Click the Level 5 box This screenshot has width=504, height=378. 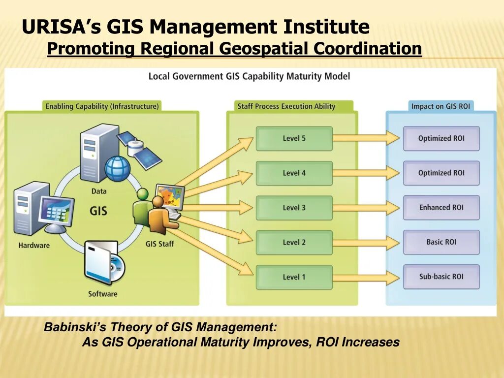click(294, 138)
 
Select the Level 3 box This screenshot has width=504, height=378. click(294, 208)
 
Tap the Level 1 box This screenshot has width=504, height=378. click(294, 277)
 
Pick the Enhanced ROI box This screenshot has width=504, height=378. click(441, 208)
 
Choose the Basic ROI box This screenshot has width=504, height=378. click(441, 242)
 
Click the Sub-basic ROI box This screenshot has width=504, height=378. click(441, 277)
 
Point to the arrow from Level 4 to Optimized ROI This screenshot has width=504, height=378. click(366, 173)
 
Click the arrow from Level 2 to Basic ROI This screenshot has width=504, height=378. click(366, 242)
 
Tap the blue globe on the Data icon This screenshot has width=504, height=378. click(117, 168)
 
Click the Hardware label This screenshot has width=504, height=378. click(34, 245)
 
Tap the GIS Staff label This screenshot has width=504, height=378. click(159, 244)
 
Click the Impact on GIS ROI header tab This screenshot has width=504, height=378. click(441, 106)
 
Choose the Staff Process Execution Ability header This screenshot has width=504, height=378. click(286, 106)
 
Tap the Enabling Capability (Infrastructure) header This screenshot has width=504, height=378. click(102, 106)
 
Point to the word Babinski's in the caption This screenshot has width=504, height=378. click(75, 327)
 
